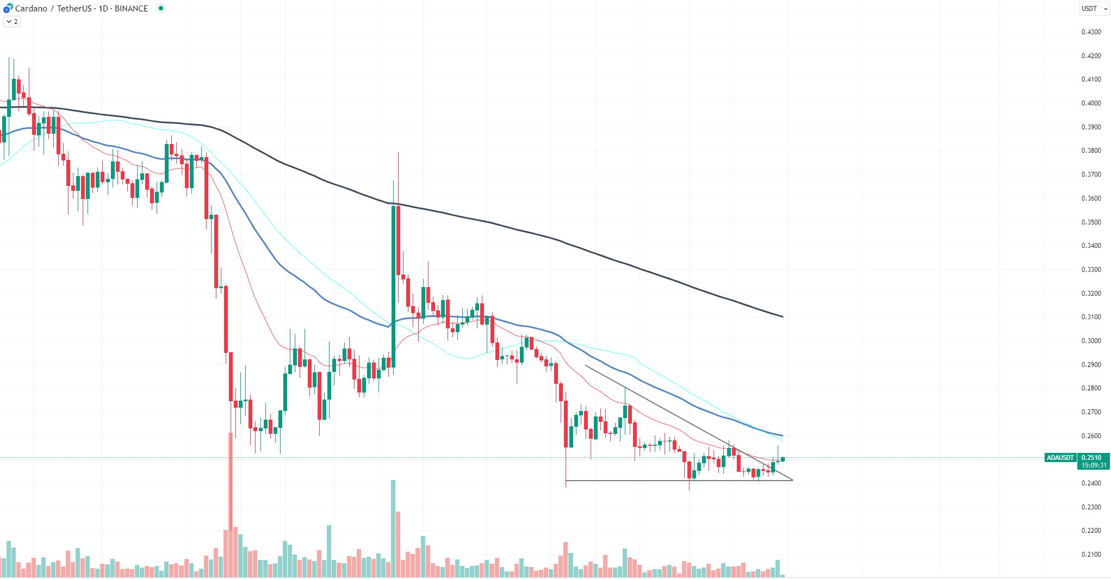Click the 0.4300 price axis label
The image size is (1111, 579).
click(x=1091, y=32)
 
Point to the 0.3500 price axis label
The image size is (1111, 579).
click(x=1091, y=222)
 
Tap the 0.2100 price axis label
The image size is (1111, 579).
click(x=1091, y=555)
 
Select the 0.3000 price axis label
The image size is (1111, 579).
click(x=1091, y=341)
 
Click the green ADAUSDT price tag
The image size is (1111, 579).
click(x=1060, y=458)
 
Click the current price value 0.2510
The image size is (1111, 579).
click(x=1091, y=458)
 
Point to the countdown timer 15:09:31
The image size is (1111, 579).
click(x=1094, y=465)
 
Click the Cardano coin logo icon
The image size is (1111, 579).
click(x=8, y=8)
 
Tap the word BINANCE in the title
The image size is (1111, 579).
click(x=131, y=9)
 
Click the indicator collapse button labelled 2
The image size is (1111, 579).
click(x=12, y=22)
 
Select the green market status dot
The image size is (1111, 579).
click(x=161, y=8)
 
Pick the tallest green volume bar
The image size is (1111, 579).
click(x=393, y=527)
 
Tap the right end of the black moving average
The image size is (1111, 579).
click(x=782, y=316)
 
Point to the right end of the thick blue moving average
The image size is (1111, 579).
click(x=782, y=435)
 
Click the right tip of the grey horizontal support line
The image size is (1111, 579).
click(x=792, y=480)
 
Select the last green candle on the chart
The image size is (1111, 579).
click(x=783, y=459)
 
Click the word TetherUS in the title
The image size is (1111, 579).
click(x=74, y=9)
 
